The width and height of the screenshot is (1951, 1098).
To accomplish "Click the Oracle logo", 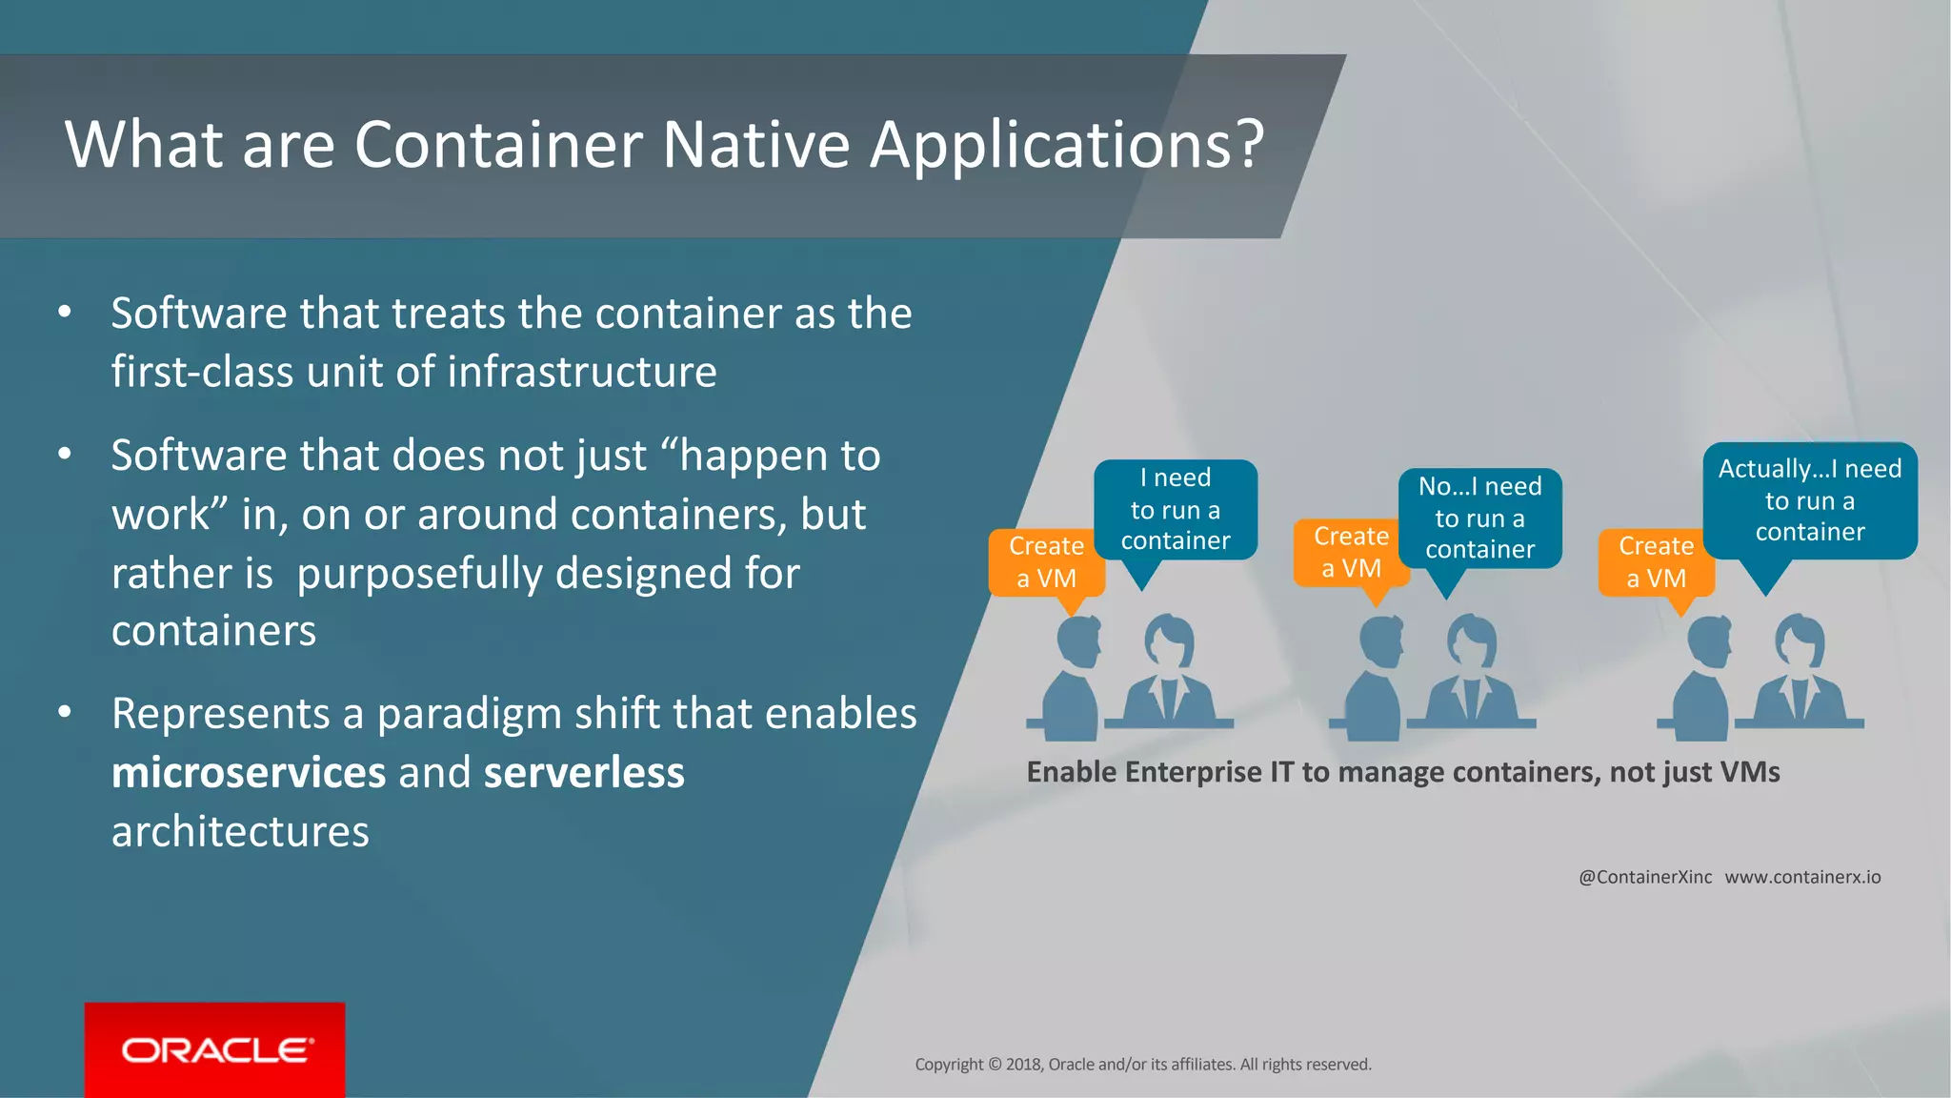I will pyautogui.click(x=215, y=1049).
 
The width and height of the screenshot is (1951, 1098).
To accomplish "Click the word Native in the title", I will pyautogui.click(x=755, y=145).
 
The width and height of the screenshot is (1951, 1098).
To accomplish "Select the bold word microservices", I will pyautogui.click(x=249, y=772).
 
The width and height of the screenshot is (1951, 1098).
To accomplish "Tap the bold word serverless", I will pyautogui.click(x=584, y=772).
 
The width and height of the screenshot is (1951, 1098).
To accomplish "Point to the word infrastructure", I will pyautogui.click(x=581, y=372).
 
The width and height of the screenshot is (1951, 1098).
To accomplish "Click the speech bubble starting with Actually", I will pyautogui.click(x=1809, y=500).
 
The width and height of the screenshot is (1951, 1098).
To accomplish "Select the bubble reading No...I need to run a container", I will pyautogui.click(x=1479, y=518).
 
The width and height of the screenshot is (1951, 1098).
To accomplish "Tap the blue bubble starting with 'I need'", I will pyautogui.click(x=1175, y=509).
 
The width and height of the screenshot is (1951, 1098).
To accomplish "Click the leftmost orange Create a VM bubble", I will pyautogui.click(x=1046, y=562).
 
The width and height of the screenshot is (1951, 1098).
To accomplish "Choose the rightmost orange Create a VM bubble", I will pyautogui.click(x=1656, y=562).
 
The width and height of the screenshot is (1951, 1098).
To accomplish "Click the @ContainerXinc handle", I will pyautogui.click(x=1644, y=877).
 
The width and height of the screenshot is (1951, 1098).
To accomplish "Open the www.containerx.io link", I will pyautogui.click(x=1802, y=877).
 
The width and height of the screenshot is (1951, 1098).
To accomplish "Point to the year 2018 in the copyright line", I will pyautogui.click(x=1023, y=1065).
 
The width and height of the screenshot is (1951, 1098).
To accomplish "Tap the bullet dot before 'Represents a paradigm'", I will pyautogui.click(x=65, y=712).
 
